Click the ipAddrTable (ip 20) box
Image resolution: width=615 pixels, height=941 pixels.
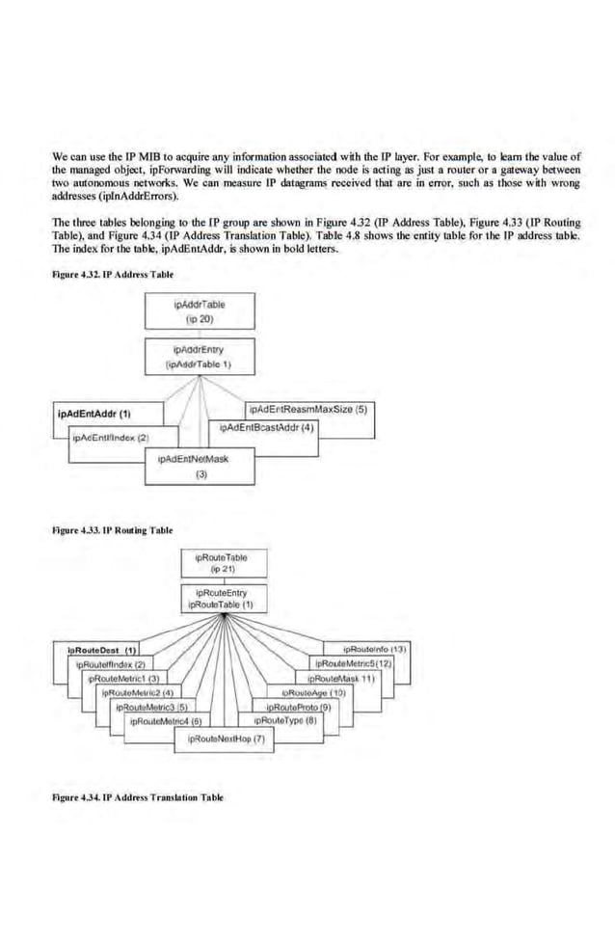click(201, 311)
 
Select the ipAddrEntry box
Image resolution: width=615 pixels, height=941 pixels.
click(201, 356)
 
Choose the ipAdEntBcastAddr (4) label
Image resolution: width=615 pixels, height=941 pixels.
click(268, 427)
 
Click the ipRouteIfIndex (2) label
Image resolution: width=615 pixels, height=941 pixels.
click(109, 664)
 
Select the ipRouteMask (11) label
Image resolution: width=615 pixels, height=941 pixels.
click(350, 678)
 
